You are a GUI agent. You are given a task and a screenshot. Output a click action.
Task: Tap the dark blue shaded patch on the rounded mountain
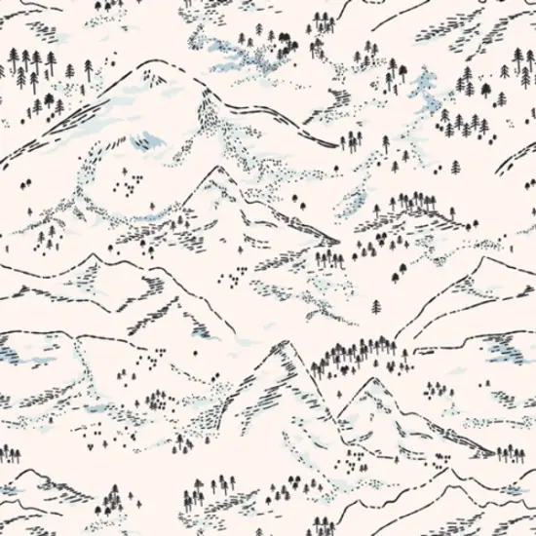(148, 141)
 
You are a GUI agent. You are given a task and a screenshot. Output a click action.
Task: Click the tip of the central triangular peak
(216, 168)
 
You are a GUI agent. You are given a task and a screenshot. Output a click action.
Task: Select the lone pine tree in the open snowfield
(377, 307)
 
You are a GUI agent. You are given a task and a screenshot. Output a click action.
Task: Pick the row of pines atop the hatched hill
(414, 202)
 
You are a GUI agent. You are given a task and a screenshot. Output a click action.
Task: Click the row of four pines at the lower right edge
(509, 453)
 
